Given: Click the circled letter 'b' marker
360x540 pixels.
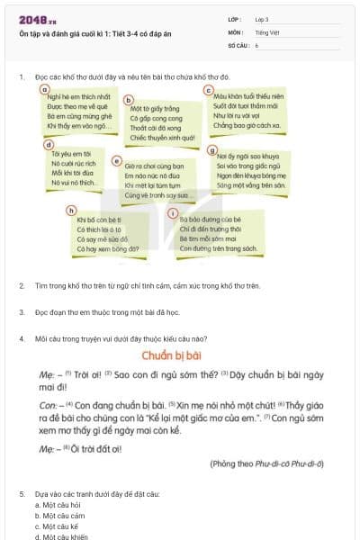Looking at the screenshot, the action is click(128, 102).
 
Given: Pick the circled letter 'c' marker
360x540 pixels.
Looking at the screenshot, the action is click(209, 91).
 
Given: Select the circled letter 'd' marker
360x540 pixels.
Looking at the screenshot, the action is click(49, 144).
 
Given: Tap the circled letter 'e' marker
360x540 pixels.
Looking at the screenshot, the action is click(117, 161).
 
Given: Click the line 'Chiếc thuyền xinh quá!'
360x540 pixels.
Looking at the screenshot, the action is click(162, 138).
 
